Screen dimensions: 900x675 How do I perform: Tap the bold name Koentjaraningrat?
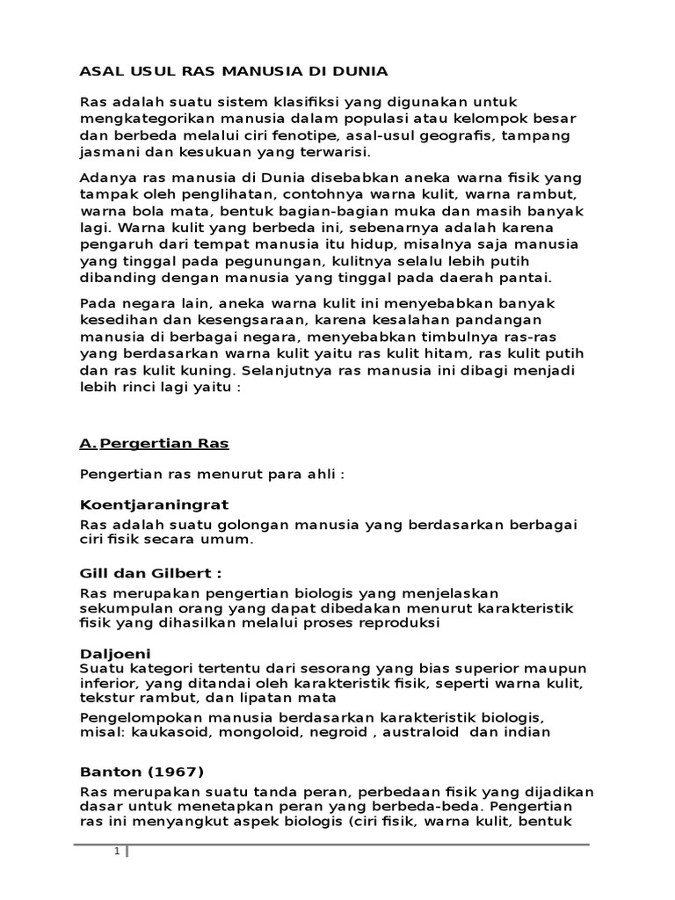click(154, 504)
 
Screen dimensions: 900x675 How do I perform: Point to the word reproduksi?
click(395, 624)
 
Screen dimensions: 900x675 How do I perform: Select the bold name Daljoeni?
click(115, 654)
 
